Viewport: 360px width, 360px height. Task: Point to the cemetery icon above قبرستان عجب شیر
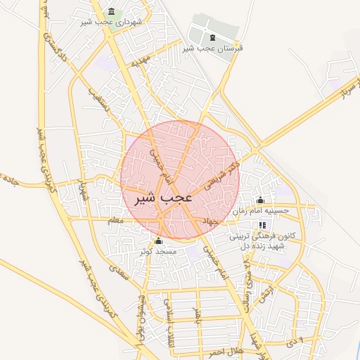(212, 37)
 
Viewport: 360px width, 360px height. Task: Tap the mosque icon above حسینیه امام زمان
(261, 200)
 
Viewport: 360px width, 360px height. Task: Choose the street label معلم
(115, 221)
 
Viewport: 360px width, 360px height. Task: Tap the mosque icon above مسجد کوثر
(157, 240)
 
